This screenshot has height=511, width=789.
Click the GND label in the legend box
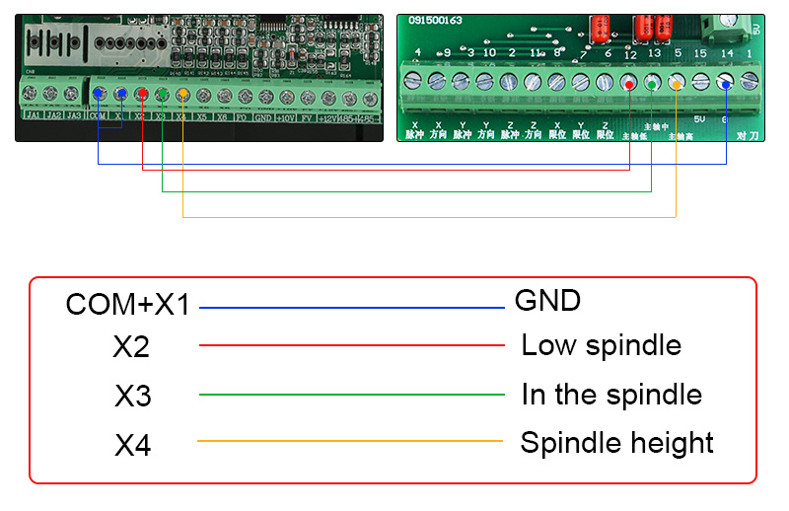coord(547,300)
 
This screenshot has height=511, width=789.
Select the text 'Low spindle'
coord(601,345)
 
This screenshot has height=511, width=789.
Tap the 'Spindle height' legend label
coord(616,442)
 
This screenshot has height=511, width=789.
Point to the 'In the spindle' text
coord(611,395)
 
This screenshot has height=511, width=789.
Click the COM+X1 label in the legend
coord(127,305)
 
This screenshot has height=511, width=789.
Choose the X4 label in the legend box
coord(133,446)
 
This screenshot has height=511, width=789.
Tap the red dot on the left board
coord(141,94)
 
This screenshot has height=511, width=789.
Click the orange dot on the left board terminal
coord(183,95)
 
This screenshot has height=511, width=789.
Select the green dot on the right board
coord(652,84)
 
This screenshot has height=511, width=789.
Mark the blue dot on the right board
coord(725,84)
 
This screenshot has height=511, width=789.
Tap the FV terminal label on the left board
coord(307,116)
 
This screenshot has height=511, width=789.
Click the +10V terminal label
coord(285,116)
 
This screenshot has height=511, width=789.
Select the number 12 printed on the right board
coord(629,55)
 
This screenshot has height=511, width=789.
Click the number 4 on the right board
coord(418,52)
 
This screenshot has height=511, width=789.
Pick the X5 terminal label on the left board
coord(201,115)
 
